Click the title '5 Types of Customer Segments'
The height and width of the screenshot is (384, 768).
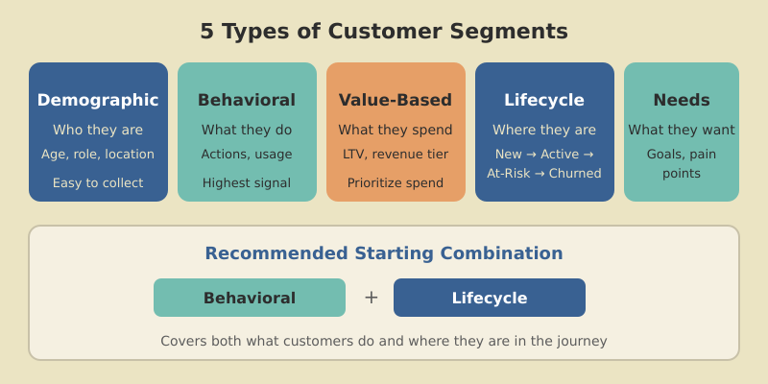(384, 32)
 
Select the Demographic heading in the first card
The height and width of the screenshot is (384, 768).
(98, 100)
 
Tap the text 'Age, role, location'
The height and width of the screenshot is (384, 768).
(98, 154)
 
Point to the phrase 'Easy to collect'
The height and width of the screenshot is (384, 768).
(98, 182)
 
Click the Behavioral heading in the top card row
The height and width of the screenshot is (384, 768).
(247, 100)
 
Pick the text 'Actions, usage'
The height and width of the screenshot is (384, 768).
(247, 154)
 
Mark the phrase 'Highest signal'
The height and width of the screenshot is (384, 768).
(247, 182)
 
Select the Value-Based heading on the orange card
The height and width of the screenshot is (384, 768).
(396, 100)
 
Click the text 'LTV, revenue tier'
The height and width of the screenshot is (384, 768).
(396, 154)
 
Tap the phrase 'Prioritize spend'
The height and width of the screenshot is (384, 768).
(396, 182)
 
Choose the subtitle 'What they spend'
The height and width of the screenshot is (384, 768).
(396, 130)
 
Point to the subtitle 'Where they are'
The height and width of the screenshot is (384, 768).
(544, 130)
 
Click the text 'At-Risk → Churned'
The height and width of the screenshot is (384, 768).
(544, 174)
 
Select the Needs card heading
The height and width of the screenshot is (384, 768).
(682, 100)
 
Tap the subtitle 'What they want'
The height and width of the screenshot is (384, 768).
(682, 130)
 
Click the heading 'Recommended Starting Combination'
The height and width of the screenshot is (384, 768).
(384, 253)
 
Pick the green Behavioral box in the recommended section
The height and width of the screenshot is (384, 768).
(250, 298)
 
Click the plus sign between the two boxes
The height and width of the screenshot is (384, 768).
(372, 298)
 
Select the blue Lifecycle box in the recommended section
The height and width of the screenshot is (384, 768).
(490, 298)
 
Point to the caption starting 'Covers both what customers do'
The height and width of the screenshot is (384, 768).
(384, 341)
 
